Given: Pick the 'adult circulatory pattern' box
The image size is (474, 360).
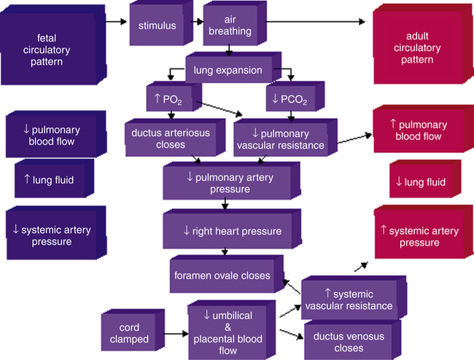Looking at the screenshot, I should pyautogui.click(x=416, y=47).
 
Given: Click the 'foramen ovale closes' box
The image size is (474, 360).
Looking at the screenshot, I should pyautogui.click(x=222, y=275).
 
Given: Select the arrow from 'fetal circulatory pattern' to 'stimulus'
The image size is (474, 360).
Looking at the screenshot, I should pyautogui.click(x=114, y=21).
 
